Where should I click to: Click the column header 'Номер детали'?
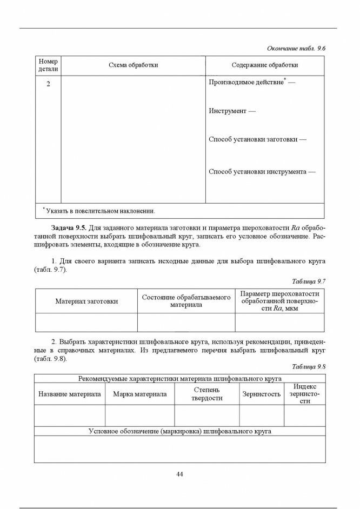click(48, 65)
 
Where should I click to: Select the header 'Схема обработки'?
click(133, 65)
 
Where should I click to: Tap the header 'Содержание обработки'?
click(265, 65)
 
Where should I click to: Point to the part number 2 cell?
click(48, 84)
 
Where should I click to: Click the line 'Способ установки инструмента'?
click(259, 172)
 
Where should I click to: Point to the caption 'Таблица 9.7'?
click(309, 282)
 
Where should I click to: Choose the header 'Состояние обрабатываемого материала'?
click(186, 301)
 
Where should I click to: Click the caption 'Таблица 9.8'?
click(309, 366)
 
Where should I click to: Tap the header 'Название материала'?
click(69, 394)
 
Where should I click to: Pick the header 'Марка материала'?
click(139, 394)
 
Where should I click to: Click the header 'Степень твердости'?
click(206, 394)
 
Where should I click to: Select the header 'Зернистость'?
click(262, 394)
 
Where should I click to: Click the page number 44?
click(180, 474)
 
